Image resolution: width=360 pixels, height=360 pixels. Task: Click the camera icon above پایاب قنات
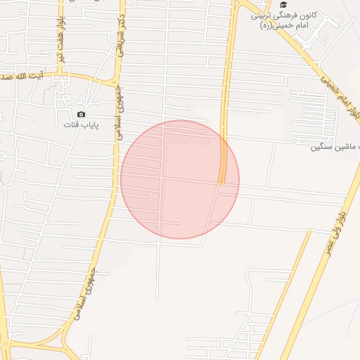click(81, 115)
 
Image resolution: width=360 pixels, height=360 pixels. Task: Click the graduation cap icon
click(283, 5)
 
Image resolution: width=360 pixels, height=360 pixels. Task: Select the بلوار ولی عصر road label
click(336, 233)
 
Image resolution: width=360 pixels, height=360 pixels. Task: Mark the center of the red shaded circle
click(180, 179)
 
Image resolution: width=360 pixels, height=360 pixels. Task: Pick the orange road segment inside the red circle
click(223, 165)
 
